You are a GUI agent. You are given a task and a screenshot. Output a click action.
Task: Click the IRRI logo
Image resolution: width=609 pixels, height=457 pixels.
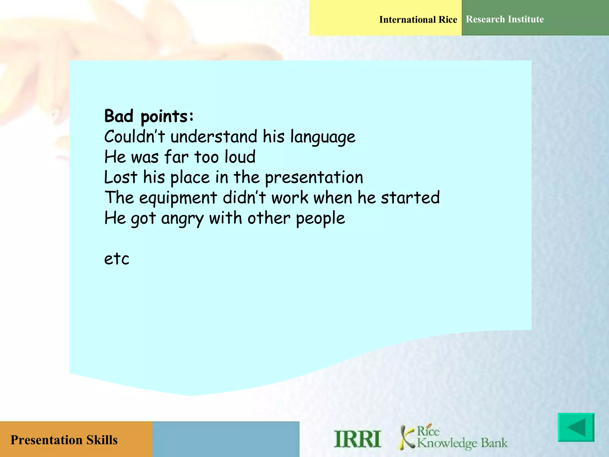click(x=357, y=439)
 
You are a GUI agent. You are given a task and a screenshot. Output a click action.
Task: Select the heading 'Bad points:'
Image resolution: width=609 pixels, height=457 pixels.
click(x=149, y=116)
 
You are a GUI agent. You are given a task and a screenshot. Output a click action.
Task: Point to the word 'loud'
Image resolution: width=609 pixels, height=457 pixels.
click(x=240, y=157)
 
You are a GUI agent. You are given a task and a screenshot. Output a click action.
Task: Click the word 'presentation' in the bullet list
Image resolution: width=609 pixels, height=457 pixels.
click(x=314, y=178)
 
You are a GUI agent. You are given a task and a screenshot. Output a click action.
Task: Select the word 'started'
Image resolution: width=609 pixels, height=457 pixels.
click(x=410, y=198)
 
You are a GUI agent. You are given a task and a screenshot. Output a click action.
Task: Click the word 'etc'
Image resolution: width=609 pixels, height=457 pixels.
click(x=117, y=259)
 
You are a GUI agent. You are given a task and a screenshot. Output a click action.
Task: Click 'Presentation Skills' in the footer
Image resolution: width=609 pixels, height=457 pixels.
click(x=64, y=440)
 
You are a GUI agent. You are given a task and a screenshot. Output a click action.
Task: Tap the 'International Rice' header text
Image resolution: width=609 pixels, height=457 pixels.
click(x=418, y=20)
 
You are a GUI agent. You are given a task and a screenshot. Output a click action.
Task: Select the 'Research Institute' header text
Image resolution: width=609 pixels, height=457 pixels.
click(x=505, y=19)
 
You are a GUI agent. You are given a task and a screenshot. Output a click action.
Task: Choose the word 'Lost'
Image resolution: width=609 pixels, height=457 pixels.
click(x=120, y=177)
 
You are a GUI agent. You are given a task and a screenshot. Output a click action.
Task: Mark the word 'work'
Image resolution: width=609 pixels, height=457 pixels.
click(x=290, y=198)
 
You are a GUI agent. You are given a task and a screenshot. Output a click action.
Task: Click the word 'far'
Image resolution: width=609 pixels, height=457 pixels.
click(x=176, y=157)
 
